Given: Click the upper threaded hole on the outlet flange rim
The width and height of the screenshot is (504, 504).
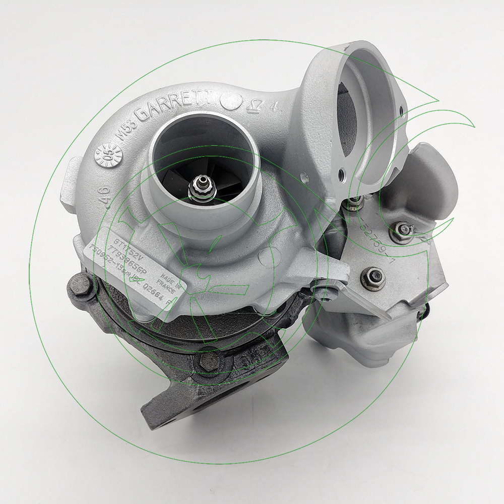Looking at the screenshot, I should tap(402, 110).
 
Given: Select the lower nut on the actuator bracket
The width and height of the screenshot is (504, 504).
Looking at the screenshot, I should tap(375, 277).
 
